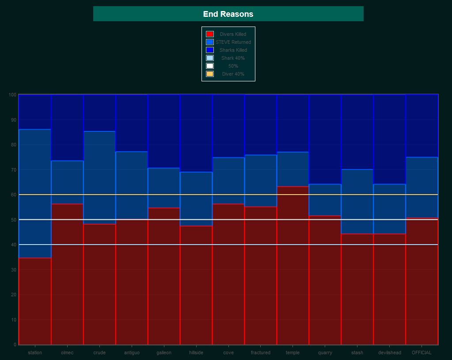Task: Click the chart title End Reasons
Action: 228,14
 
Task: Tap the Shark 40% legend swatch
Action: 210,58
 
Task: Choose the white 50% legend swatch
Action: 210,66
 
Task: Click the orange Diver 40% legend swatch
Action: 210,74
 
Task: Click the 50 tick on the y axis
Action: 13,220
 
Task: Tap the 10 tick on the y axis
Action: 13,320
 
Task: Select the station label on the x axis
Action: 35,352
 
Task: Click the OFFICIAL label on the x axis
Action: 422,352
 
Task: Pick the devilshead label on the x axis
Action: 390,352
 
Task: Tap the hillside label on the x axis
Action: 196,352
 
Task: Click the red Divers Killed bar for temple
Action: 293,265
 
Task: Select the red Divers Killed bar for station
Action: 35,301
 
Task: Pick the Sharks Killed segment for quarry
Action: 325,139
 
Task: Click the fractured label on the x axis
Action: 261,352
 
